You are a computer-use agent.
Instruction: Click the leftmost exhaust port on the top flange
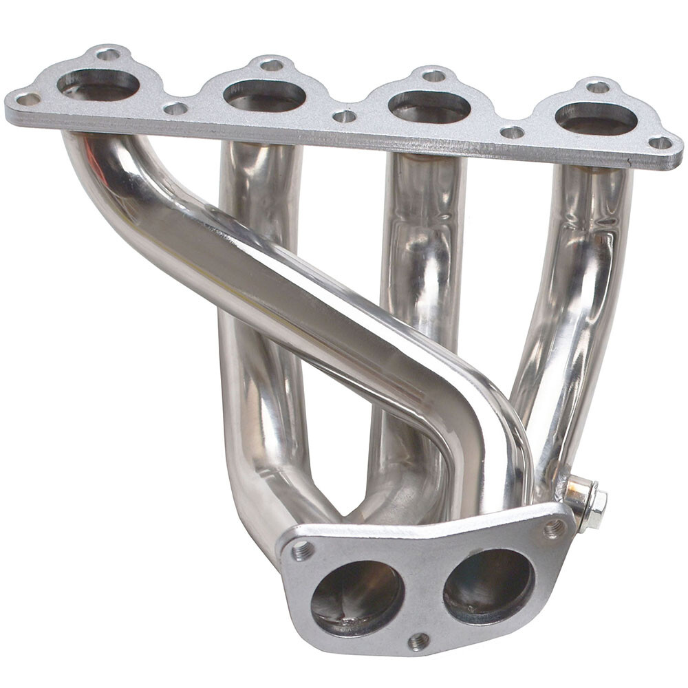point(98,84)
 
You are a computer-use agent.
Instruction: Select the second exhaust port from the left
point(264,96)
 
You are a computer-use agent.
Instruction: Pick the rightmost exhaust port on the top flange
point(596,118)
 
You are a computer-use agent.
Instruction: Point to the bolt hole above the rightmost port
point(598,87)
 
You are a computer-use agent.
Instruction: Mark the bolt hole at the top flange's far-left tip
point(28,99)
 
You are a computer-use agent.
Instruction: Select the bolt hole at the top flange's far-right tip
point(660,143)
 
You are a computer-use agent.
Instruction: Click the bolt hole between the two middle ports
point(344,116)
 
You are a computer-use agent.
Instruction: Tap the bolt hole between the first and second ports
point(175,108)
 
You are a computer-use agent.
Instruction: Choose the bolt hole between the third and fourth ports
point(512,132)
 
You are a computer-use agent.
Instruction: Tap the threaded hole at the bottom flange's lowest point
point(418,642)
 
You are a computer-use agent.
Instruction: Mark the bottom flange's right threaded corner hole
point(555,528)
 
